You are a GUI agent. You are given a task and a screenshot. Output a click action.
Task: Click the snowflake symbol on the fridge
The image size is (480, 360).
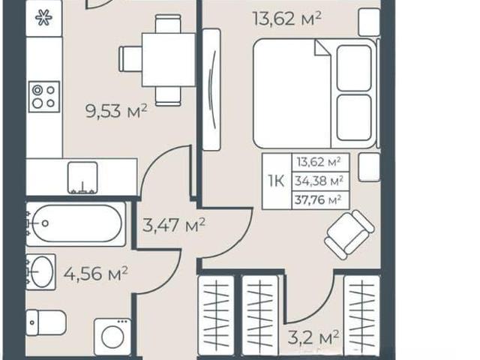[x=43, y=18]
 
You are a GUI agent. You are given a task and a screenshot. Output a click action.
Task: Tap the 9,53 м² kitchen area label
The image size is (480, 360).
[x=116, y=111]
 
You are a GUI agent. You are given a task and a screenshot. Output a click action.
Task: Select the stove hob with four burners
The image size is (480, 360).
[x=44, y=97]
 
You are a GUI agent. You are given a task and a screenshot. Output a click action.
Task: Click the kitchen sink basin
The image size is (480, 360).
[x=82, y=178]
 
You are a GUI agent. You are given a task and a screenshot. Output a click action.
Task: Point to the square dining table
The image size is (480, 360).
[x=168, y=60]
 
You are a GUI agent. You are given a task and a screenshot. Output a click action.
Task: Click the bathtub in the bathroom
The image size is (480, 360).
[x=76, y=223]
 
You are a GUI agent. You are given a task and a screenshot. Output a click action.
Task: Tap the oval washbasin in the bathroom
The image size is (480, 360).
[x=41, y=271]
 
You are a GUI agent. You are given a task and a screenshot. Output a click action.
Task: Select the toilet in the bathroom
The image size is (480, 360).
[x=46, y=322]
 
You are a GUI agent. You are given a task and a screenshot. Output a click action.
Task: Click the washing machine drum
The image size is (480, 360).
[x=113, y=337]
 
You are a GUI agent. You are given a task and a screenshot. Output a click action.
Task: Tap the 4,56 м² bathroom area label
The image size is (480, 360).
[x=95, y=273]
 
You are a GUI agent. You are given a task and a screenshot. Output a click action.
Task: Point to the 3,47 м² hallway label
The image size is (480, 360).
[x=173, y=225]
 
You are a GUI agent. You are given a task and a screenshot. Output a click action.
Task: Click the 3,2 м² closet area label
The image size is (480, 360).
[x=313, y=337]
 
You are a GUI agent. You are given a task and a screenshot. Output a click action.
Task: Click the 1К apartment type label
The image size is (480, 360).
[x=276, y=181]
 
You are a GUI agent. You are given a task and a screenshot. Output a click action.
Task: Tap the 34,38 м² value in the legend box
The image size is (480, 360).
[x=319, y=181]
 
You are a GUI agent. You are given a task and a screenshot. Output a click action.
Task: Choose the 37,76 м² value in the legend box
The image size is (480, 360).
[x=318, y=200]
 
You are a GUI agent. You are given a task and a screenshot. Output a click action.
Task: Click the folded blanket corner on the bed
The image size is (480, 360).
[x=322, y=49]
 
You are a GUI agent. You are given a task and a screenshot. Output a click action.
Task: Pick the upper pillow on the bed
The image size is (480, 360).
[x=354, y=68]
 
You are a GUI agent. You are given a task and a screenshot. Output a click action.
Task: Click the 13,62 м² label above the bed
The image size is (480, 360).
[x=287, y=18]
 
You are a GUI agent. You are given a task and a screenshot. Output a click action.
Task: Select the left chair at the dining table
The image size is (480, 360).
[x=130, y=59]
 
